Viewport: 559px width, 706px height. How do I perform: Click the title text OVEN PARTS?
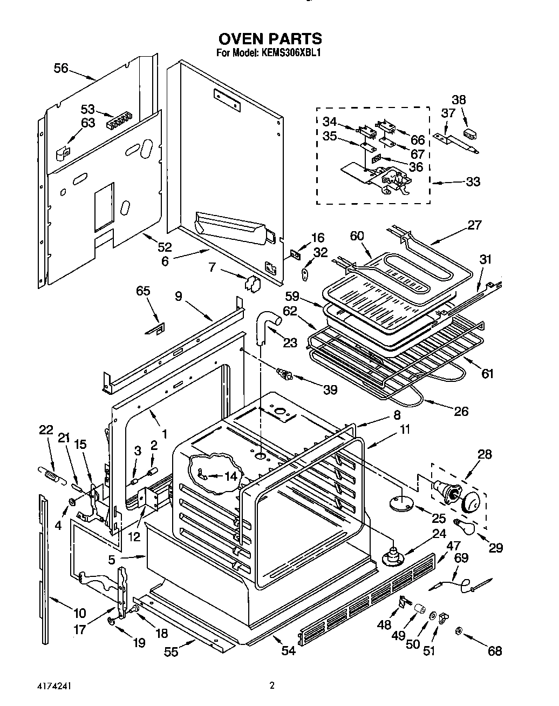(270, 38)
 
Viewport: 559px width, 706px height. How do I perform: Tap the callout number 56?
(62, 68)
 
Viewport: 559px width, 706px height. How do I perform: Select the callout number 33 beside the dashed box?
(473, 182)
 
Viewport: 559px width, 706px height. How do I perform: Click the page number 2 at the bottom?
(272, 687)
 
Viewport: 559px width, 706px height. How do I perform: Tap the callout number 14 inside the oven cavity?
(230, 476)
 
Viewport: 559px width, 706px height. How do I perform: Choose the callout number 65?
(143, 292)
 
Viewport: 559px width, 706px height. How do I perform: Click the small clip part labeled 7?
(251, 283)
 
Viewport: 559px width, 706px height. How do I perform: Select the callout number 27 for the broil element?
(474, 225)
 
